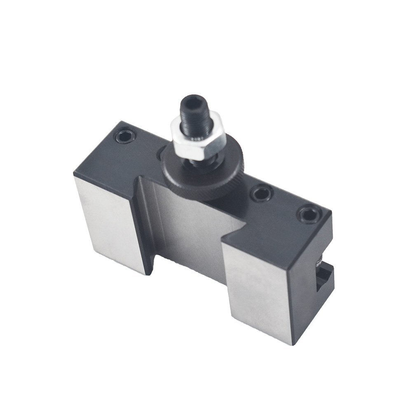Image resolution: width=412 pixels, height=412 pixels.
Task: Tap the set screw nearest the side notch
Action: (x=309, y=215)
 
